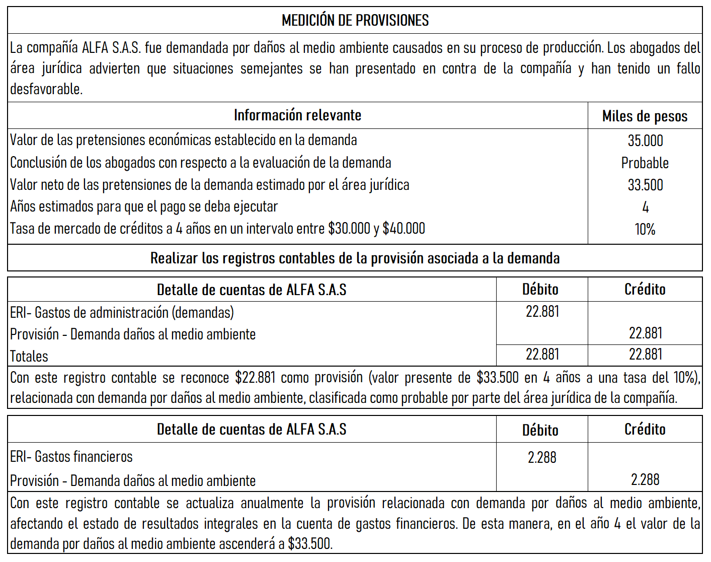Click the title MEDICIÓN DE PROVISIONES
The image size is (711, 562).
[355, 21]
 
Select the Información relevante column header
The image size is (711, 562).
[297, 115]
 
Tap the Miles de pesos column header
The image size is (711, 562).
[645, 116]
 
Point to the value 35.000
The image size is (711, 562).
[645, 140]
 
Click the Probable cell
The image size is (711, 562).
[645, 163]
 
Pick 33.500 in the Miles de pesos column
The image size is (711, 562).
[645, 185]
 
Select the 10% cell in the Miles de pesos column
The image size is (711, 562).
[645, 229]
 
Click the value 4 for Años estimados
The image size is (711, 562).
[645, 207]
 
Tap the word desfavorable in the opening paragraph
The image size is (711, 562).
[46, 89]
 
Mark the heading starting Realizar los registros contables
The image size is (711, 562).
[355, 258]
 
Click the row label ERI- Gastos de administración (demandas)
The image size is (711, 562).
[122, 313]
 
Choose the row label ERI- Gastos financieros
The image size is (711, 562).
[71, 457]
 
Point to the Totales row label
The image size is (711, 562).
[29, 357]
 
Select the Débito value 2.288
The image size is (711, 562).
[542, 457]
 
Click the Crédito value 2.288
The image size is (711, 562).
[645, 479]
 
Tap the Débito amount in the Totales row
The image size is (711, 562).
[542, 355]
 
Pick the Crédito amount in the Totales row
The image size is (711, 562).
[645, 355]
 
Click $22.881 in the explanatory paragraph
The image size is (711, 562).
[255, 378]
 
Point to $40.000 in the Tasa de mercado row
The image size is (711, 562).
[404, 229]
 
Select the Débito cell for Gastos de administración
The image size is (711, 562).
[542, 312]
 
